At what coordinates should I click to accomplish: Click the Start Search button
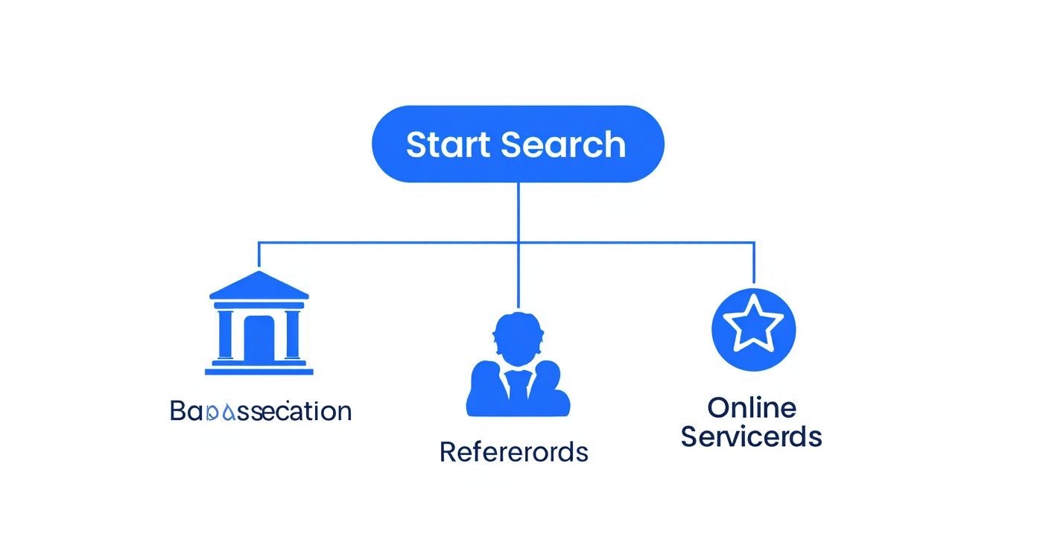[x=517, y=144]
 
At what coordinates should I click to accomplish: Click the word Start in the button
[x=448, y=144]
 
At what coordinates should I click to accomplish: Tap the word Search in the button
[x=563, y=144]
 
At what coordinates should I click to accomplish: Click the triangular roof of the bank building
[x=259, y=285]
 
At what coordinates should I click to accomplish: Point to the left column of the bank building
[x=226, y=334]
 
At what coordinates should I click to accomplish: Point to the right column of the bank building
[x=292, y=334]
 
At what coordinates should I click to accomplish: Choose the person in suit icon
[x=518, y=364]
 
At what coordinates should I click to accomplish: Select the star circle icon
[x=754, y=328]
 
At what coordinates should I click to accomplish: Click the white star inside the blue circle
[x=754, y=325]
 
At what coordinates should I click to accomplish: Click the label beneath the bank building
[x=261, y=411]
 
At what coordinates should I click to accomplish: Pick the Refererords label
[x=514, y=451]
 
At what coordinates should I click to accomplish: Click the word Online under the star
[x=752, y=407]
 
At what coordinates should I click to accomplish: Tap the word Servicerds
[x=752, y=436]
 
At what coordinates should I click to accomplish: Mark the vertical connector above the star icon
[x=754, y=263]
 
